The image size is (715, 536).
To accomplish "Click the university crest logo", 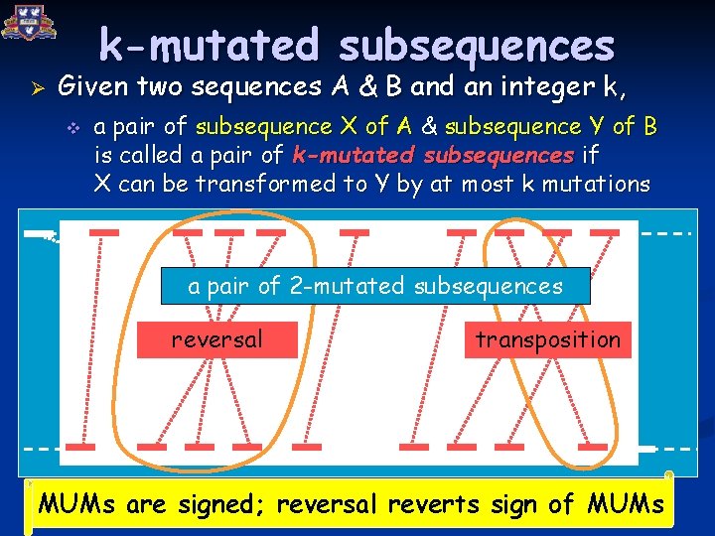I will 29,22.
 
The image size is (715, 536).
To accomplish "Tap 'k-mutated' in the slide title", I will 211,46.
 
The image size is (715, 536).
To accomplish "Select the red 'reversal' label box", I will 216,339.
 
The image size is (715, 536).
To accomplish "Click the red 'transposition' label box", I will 547,339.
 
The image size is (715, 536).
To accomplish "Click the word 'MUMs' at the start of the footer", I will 79,504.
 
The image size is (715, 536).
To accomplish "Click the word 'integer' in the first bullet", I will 530,87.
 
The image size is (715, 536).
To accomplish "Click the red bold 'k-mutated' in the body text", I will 356,156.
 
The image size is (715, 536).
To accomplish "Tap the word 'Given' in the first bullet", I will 92,87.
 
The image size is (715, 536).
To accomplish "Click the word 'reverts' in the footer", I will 427,504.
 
